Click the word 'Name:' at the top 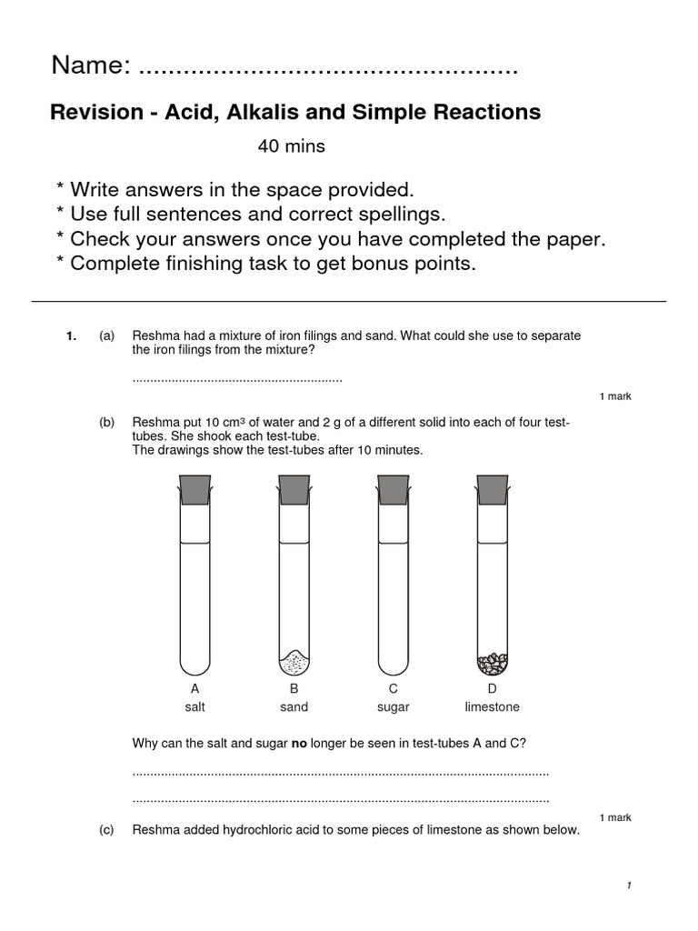point(91,65)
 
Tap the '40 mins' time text point(291,146)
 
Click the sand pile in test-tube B point(294,659)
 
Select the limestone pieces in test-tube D point(493,661)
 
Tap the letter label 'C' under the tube point(394,689)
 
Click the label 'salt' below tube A point(195,706)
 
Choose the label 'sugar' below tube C point(394,706)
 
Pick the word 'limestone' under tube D point(492,706)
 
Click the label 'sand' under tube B point(294,706)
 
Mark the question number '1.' point(71,335)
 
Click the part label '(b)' point(107,423)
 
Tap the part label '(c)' point(107,830)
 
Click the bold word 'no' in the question point(299,743)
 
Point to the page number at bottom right point(628,886)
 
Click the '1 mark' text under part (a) point(615,396)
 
